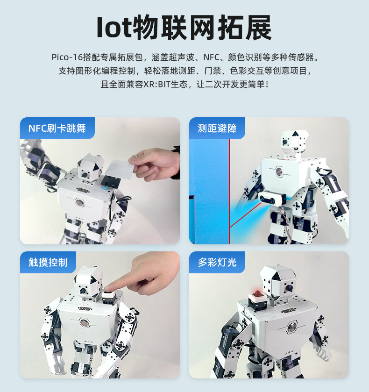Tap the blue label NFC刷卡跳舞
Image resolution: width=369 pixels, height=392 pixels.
point(57,128)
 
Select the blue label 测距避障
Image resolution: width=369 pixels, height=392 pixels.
point(217,128)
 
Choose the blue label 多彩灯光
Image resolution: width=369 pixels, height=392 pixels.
point(217,263)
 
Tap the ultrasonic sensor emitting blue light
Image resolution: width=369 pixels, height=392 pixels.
point(273,199)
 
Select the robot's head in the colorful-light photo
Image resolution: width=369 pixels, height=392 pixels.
point(278,283)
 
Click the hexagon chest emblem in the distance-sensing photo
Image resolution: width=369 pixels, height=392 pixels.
point(279,171)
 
